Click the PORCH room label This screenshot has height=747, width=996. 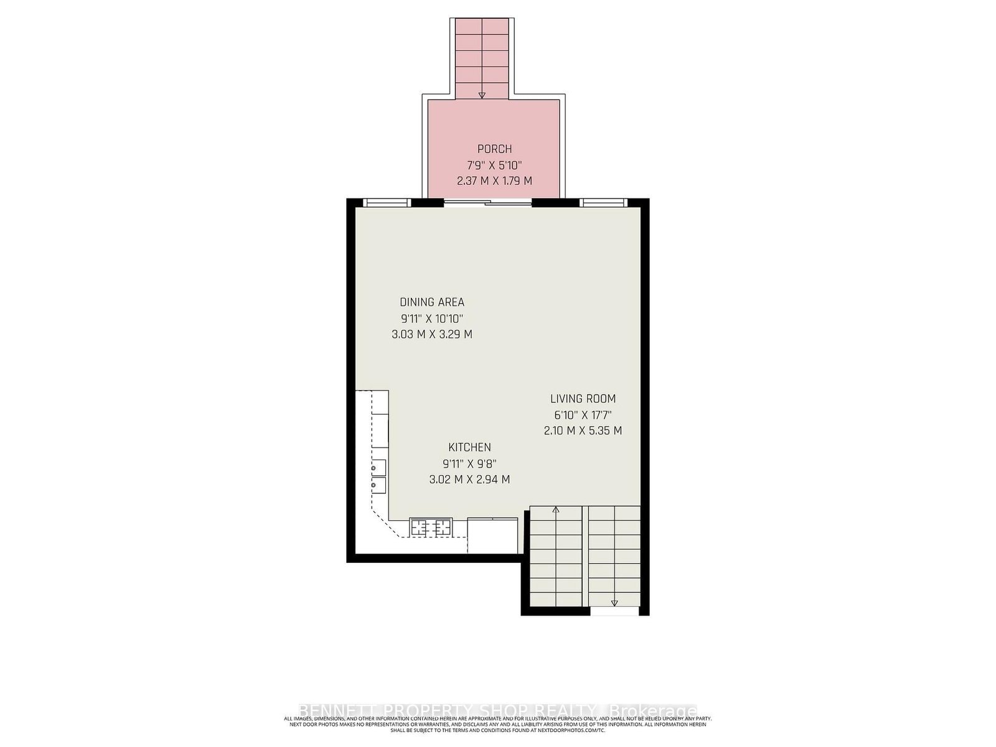pyautogui.click(x=494, y=149)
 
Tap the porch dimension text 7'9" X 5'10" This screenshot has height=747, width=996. pyautogui.click(x=494, y=165)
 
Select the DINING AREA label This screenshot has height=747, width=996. pyautogui.click(x=431, y=302)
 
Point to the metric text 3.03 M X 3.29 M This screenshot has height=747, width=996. pyautogui.click(x=431, y=334)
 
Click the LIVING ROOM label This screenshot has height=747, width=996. pyautogui.click(x=583, y=399)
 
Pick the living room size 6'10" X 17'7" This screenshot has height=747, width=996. pyautogui.click(x=583, y=415)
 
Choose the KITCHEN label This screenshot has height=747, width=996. pyautogui.click(x=469, y=447)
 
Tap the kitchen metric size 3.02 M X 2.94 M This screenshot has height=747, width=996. pyautogui.click(x=469, y=479)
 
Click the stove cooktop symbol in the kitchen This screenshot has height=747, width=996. pyautogui.click(x=430, y=527)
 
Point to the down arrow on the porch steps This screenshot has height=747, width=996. pyautogui.click(x=482, y=95)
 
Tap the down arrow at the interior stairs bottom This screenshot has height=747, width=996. pyautogui.click(x=614, y=602)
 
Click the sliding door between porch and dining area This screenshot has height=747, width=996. pyautogui.click(x=488, y=202)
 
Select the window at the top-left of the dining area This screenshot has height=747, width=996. pyautogui.click(x=387, y=202)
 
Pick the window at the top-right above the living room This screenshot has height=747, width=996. pyautogui.click(x=603, y=202)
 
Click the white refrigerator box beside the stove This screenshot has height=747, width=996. pyautogui.click(x=492, y=535)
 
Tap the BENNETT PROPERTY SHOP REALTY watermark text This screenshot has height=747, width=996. pyautogui.click(x=497, y=710)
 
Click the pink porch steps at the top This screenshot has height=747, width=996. pyautogui.click(x=482, y=56)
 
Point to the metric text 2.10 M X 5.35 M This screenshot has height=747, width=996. pyautogui.click(x=583, y=431)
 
